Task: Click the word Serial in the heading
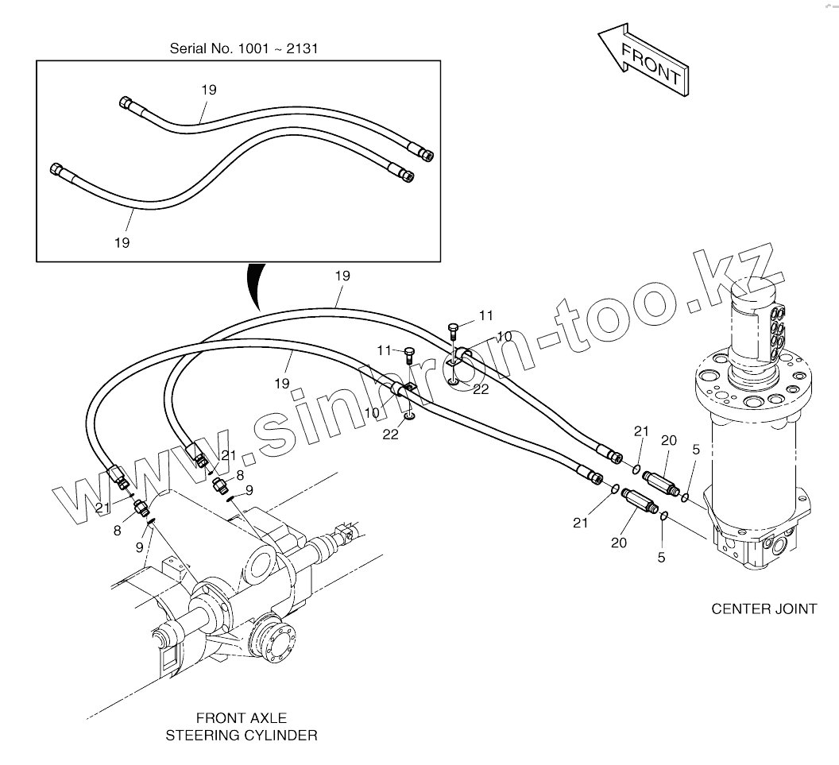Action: coord(188,48)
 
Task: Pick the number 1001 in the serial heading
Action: coord(249,48)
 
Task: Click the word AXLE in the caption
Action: coord(265,718)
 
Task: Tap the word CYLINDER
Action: coord(280,736)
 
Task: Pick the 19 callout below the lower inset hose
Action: coord(122,242)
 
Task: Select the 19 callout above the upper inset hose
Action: coord(208,90)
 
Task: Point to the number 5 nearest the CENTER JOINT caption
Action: coord(661,558)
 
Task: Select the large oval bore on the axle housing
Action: coord(261,566)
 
